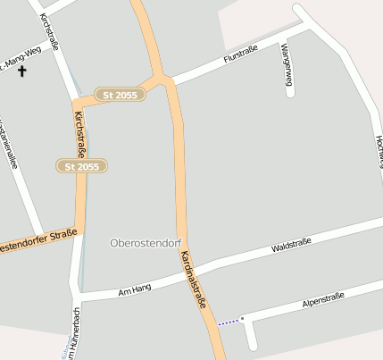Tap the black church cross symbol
click(21, 70)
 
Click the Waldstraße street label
click(291, 245)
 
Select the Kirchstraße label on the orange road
click(80, 135)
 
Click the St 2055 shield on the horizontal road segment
click(121, 94)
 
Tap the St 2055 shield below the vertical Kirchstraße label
click(81, 166)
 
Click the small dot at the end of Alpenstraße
click(242, 317)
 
